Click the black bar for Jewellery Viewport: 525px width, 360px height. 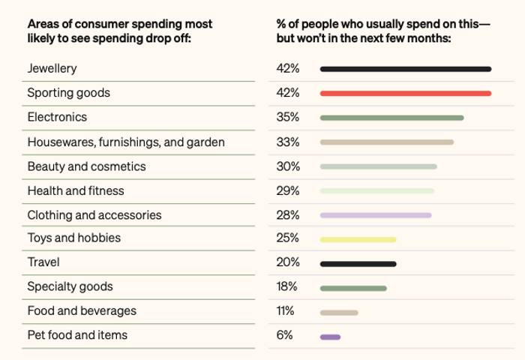405,69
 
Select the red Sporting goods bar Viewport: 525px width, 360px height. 405,93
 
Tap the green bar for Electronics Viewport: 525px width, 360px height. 391,118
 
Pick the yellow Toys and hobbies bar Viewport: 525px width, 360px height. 358,240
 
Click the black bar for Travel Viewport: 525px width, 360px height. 358,264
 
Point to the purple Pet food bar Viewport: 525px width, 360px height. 330,337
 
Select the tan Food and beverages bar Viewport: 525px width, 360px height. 339,313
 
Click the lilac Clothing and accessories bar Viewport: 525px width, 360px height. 375,215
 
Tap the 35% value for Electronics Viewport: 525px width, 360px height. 288,118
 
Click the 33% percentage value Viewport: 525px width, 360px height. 288,142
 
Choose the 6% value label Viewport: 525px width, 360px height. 284,336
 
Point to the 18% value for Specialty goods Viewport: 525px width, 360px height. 287,287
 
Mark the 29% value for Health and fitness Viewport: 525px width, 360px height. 288,190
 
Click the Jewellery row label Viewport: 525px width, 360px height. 52,69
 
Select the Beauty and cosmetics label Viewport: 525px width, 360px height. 86,166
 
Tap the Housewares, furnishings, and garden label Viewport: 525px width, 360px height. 126,142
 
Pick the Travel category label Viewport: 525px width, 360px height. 43,263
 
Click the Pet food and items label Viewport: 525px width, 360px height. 77,336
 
